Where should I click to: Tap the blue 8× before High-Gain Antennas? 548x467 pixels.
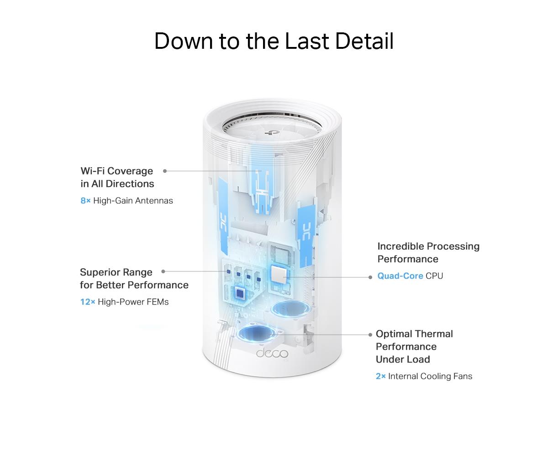tap(85, 201)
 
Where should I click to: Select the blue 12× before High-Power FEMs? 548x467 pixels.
tap(88, 302)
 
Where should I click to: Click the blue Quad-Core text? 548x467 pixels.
tap(400, 276)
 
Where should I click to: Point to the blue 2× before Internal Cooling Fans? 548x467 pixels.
tap(380, 376)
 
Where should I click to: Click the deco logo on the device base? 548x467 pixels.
tap(272, 353)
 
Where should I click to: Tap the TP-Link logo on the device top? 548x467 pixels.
tap(269, 132)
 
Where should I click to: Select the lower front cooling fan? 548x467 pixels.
tap(257, 333)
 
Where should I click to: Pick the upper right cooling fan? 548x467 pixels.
tap(291, 309)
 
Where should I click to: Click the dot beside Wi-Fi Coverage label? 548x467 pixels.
tap(165, 171)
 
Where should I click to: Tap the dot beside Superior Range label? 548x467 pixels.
tap(163, 271)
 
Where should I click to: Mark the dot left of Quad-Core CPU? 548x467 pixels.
tap(370, 277)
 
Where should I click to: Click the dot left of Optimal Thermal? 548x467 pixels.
tap(370, 335)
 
